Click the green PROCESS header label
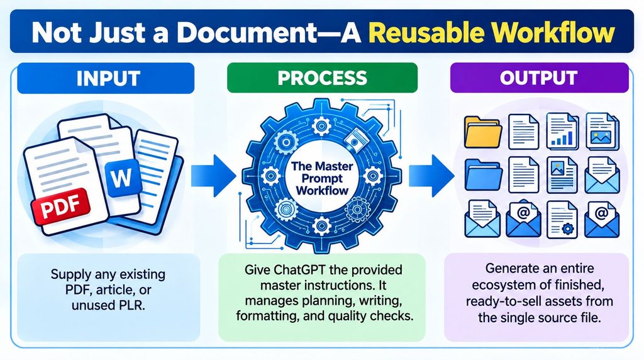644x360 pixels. pyautogui.click(x=323, y=77)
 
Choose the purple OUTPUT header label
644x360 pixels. pyautogui.click(x=539, y=77)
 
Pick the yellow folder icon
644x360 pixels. pyautogui.click(x=482, y=132)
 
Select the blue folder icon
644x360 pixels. pyautogui.click(x=483, y=175)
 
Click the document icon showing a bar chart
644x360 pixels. pyautogui.click(x=562, y=131)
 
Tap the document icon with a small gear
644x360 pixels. pyautogui.click(x=562, y=220)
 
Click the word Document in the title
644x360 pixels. pyautogui.click(x=247, y=33)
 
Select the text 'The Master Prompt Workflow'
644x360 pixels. pyautogui.click(x=322, y=178)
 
